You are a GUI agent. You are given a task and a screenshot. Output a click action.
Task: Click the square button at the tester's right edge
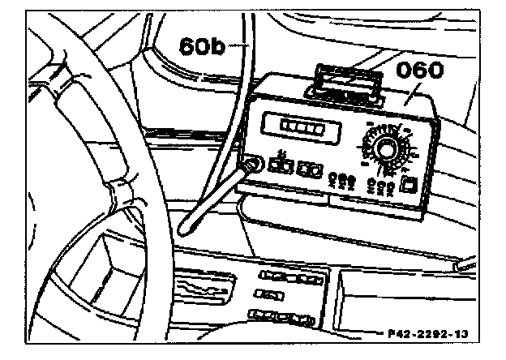[x=411, y=183]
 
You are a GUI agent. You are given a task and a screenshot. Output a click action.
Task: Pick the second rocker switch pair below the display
[x=307, y=170]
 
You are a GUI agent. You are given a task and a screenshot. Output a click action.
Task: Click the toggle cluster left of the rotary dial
[x=343, y=179]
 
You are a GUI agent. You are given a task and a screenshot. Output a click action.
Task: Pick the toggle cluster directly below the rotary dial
[x=382, y=186]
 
